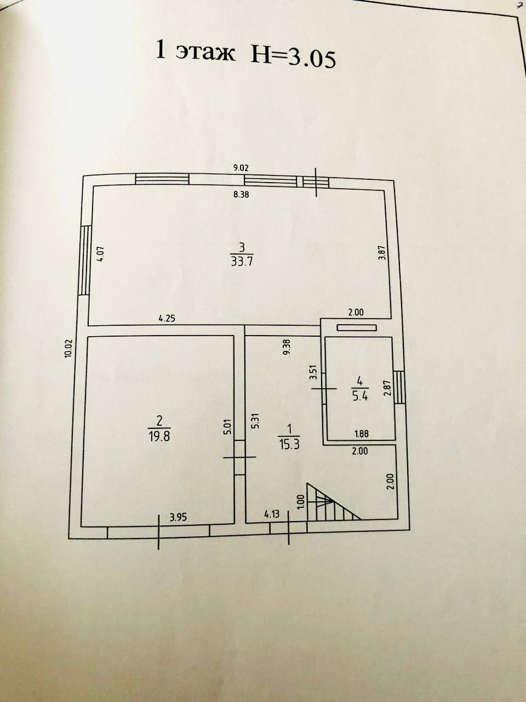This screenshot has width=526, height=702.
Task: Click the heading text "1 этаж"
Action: tap(196, 53)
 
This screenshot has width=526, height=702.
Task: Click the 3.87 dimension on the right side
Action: tap(382, 252)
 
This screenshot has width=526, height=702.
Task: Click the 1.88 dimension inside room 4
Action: tap(361, 433)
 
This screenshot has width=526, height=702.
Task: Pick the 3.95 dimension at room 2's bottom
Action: tap(179, 516)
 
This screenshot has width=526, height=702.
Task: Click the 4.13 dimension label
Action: tap(272, 514)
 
